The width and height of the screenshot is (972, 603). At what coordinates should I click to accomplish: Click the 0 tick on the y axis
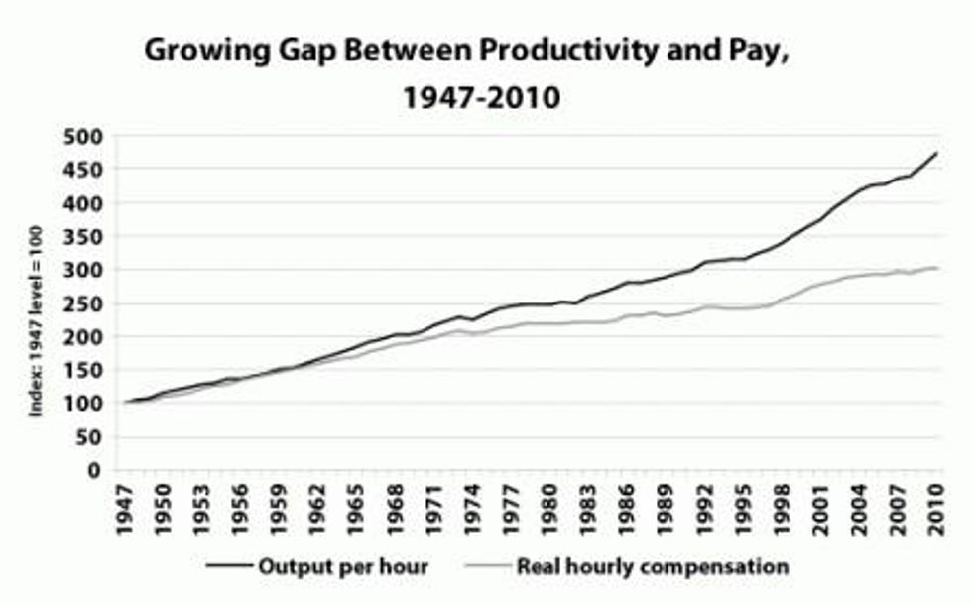pyautogui.click(x=95, y=470)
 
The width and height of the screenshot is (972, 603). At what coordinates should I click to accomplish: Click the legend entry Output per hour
pyautogui.click(x=342, y=567)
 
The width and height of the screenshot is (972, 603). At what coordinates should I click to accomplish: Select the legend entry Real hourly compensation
pyautogui.click(x=652, y=567)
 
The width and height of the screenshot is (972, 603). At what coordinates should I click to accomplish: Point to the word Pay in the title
pyautogui.click(x=760, y=53)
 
